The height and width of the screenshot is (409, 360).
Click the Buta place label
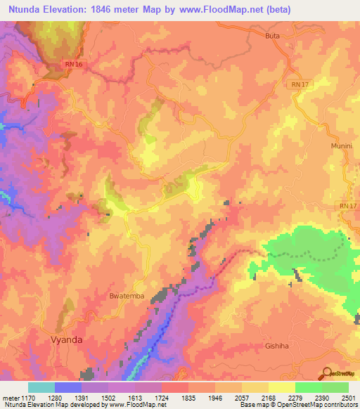(x=274, y=35)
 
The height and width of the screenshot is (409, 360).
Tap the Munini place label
(x=340, y=145)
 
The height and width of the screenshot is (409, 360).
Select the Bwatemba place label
(x=127, y=296)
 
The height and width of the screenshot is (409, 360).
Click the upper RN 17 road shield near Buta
(x=299, y=84)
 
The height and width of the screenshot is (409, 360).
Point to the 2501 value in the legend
(x=348, y=398)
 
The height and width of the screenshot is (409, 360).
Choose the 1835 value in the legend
(x=188, y=398)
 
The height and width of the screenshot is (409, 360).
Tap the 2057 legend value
(x=242, y=398)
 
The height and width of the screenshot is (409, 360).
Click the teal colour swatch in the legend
(x=41, y=387)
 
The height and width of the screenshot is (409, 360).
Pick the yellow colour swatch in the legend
(x=282, y=387)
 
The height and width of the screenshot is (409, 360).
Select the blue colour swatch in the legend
(x=68, y=387)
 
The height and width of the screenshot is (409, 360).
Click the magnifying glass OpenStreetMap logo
(x=327, y=372)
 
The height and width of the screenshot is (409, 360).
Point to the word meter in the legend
(x=11, y=398)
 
